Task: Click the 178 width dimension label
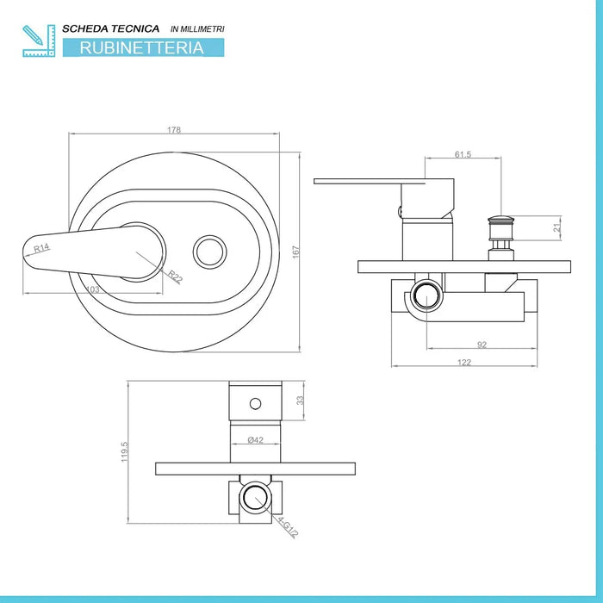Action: [174, 130]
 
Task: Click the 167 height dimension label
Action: [295, 252]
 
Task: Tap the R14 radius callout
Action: [41, 248]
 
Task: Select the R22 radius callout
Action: [175, 277]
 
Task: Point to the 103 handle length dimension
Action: [93, 289]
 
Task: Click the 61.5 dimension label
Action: [463, 154]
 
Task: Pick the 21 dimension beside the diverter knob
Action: [556, 227]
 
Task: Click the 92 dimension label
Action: [482, 345]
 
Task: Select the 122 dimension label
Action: [464, 363]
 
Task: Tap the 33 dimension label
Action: [300, 401]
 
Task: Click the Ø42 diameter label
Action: [255, 440]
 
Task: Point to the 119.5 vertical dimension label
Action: [124, 451]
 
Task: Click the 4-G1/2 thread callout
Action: [288, 527]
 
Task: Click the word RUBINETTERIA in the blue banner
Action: [141, 47]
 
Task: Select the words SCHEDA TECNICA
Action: [111, 28]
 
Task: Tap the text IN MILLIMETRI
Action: [197, 28]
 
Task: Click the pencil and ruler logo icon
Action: [39, 40]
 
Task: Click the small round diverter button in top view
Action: [209, 252]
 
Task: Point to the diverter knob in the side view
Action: [500, 238]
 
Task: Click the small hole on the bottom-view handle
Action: [255, 404]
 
